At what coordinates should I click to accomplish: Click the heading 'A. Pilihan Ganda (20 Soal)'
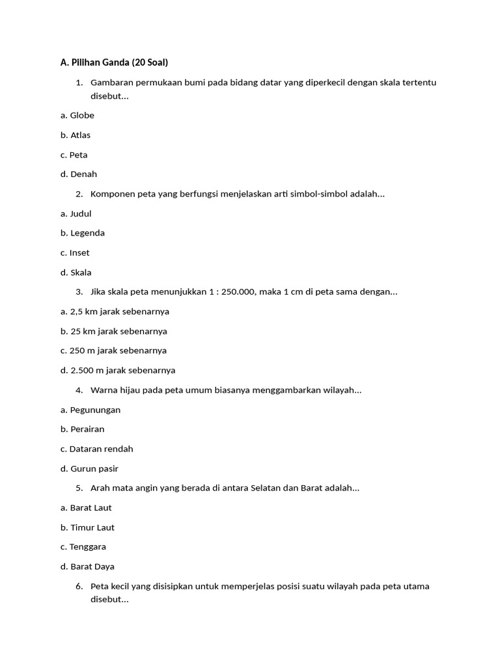click(114, 62)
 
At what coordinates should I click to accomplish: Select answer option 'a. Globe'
click(77, 115)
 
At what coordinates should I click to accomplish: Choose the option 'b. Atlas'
click(76, 135)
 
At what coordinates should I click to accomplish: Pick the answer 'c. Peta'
click(74, 155)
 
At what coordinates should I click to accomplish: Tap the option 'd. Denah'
click(79, 174)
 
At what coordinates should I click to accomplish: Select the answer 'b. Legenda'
click(83, 233)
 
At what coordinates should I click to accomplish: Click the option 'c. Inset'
click(75, 252)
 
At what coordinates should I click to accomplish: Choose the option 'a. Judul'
click(76, 213)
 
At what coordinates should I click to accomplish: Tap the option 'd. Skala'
click(76, 273)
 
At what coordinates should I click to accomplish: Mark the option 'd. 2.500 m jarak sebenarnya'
click(118, 370)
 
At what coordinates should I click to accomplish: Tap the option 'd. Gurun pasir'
click(89, 468)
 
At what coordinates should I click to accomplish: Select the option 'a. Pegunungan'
click(90, 410)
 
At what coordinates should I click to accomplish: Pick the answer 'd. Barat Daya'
click(87, 566)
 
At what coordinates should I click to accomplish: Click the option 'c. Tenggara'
click(83, 547)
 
